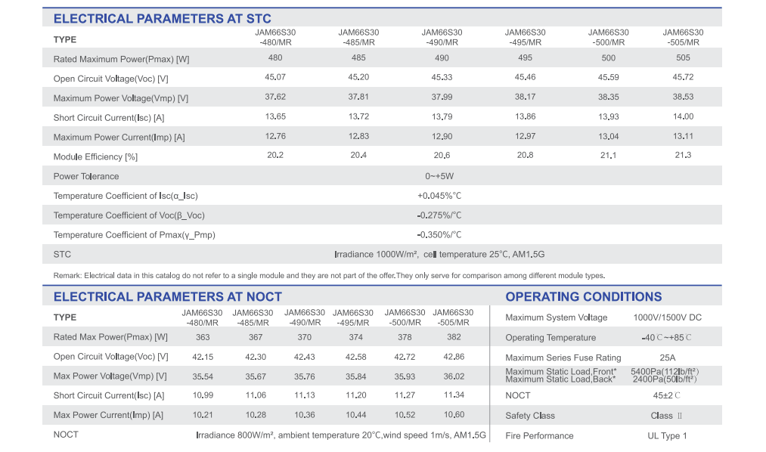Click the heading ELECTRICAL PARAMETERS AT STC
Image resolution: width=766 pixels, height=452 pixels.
[x=162, y=19]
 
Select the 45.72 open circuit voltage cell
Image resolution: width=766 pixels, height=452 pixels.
[x=683, y=77]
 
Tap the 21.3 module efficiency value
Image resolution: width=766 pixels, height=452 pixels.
[x=683, y=155]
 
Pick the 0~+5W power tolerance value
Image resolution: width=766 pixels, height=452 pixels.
[x=439, y=176]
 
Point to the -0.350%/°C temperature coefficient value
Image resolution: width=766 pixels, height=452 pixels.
[x=439, y=235]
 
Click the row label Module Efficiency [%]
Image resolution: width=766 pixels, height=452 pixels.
[x=95, y=156]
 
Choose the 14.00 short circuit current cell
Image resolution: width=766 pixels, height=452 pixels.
[x=683, y=116]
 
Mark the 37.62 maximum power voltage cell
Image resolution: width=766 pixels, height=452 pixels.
[x=275, y=97]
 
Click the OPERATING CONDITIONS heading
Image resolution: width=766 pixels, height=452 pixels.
[x=583, y=297]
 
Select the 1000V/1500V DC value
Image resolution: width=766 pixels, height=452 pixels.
[x=667, y=317]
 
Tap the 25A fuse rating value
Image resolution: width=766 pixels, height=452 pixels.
[x=667, y=358]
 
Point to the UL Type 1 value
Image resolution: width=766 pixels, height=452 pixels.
[x=667, y=436]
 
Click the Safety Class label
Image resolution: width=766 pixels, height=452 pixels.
[x=530, y=416]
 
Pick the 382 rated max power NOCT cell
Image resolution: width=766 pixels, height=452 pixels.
[x=454, y=337]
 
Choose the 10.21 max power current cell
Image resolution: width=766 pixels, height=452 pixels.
[x=203, y=416]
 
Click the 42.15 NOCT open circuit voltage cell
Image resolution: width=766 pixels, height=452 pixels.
[x=203, y=357]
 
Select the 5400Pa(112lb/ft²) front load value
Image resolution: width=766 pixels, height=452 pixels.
[x=665, y=371]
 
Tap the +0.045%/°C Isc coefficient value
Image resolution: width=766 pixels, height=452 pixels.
[x=439, y=196]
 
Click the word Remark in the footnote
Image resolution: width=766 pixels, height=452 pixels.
[x=67, y=276]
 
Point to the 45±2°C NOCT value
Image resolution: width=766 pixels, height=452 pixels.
[x=667, y=396]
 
